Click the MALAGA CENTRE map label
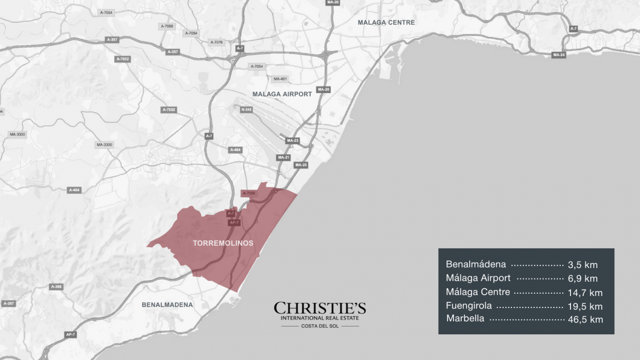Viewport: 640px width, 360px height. click(x=386, y=22)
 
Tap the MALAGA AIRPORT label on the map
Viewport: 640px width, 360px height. click(x=282, y=94)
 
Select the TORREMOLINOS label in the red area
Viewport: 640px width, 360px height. click(x=223, y=243)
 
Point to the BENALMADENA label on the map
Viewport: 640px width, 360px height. click(x=167, y=304)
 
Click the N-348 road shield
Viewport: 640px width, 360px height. click(x=246, y=109)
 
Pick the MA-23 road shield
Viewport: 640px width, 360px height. click(x=293, y=141)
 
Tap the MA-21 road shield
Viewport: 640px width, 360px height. click(x=283, y=158)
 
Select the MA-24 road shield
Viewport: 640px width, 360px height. click(x=558, y=55)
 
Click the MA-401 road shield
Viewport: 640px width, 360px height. click(x=280, y=79)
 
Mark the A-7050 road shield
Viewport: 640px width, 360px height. click(x=248, y=193)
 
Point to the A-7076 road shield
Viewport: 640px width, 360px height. click(x=217, y=42)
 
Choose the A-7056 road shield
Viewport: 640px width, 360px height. click(x=167, y=26)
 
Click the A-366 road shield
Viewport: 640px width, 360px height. click(x=56, y=287)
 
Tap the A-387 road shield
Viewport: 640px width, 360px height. click(x=9, y=303)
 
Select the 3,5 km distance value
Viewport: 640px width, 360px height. click(x=583, y=264)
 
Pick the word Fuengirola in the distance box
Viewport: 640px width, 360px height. click(x=469, y=306)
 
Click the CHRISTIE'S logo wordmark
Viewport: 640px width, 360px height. click(x=320, y=309)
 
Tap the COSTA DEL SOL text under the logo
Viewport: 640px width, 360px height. click(x=320, y=327)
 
